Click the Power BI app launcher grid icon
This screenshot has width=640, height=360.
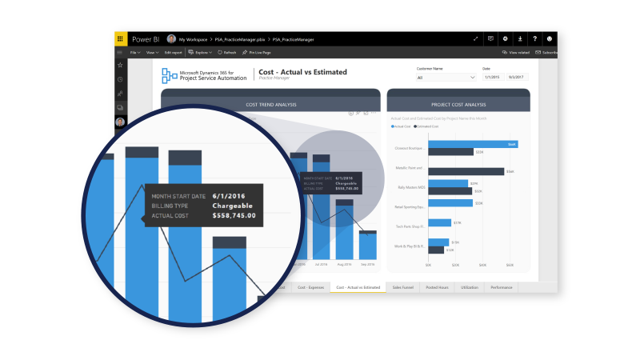click(120, 38)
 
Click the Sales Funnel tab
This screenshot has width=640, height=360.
click(403, 286)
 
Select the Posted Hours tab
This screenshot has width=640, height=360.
click(437, 286)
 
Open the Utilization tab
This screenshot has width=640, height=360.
click(470, 286)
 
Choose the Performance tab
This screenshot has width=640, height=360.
click(502, 286)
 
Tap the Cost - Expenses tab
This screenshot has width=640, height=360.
click(310, 286)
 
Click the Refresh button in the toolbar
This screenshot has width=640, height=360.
click(227, 53)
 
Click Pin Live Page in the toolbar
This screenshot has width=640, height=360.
click(258, 53)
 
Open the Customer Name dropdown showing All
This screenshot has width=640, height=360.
click(446, 78)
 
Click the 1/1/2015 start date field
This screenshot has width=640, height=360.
click(493, 78)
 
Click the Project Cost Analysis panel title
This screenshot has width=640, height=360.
click(458, 104)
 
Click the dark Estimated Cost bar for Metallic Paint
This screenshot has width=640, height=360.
click(466, 171)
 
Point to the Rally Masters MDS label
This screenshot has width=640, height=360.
click(411, 187)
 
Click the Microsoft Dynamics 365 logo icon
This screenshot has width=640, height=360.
click(169, 75)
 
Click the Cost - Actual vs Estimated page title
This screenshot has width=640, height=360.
click(303, 72)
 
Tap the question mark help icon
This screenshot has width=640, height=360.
click(534, 38)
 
